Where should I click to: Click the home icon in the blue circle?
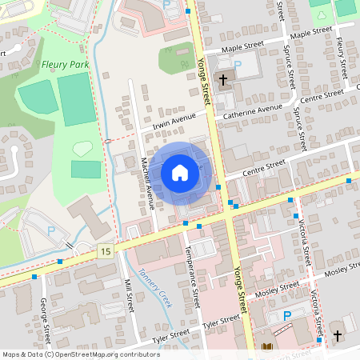[x=180, y=173]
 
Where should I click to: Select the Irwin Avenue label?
[x=169, y=122]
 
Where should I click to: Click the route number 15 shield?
[x=106, y=251]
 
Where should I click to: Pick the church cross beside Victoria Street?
[x=337, y=335]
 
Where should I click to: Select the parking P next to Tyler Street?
[x=287, y=315]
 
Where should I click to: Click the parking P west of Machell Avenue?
[x=51, y=230]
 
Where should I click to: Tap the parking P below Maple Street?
[x=237, y=65]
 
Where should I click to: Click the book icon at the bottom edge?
[x=267, y=348]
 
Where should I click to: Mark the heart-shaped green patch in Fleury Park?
[x=82, y=148]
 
